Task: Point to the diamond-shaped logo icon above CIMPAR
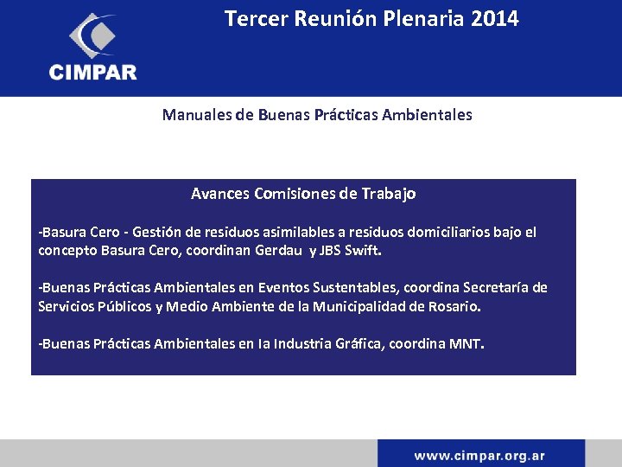(x=92, y=35)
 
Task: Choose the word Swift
(x=363, y=251)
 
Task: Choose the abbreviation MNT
(x=466, y=344)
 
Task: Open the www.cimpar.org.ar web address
(x=479, y=455)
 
